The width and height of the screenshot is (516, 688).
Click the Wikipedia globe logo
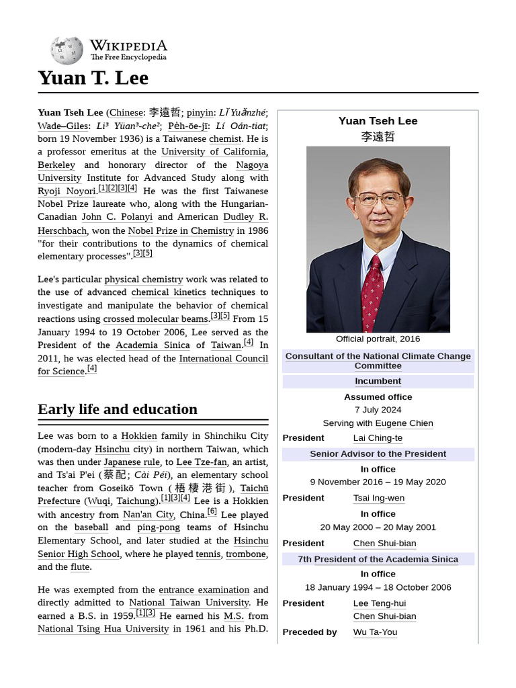67,50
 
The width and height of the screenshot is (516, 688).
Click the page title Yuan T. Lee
93,78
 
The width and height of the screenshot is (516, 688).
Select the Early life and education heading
118,409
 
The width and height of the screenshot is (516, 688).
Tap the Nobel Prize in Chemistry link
181,230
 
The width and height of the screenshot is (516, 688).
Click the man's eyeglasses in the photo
379,199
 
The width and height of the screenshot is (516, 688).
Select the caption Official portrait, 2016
378,339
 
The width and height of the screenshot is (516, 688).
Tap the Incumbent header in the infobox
378,382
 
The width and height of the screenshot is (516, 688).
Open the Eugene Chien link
404,423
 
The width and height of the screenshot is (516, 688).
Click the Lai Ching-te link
378,438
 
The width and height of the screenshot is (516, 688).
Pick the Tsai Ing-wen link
380,499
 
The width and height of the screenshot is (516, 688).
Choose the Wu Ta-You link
375,632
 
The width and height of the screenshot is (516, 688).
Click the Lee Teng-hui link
380,603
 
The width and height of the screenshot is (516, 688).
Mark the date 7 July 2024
378,410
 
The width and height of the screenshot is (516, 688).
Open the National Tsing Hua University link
103,629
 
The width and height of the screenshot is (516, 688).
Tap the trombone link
246,554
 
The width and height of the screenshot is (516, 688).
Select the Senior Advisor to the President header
378,454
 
